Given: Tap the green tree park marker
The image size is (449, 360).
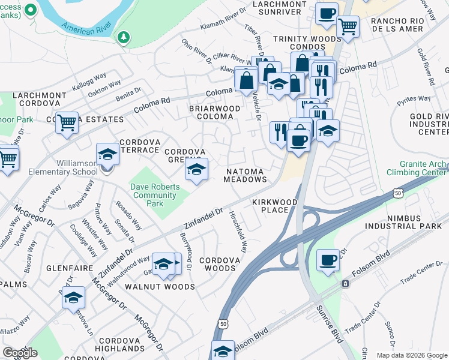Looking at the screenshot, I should point(124,38).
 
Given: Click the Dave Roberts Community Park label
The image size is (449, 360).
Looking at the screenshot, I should point(155,195).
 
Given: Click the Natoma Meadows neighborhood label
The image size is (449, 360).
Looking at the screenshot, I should point(246,175).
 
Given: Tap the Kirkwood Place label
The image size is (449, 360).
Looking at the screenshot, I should point(275,206).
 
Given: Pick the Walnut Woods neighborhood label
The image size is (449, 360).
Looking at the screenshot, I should point(160,287).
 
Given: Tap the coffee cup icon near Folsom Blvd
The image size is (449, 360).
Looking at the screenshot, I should point(328,261).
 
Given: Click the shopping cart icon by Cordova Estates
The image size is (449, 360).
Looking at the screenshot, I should point(67,122).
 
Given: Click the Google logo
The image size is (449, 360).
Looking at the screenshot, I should point(20,353).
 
